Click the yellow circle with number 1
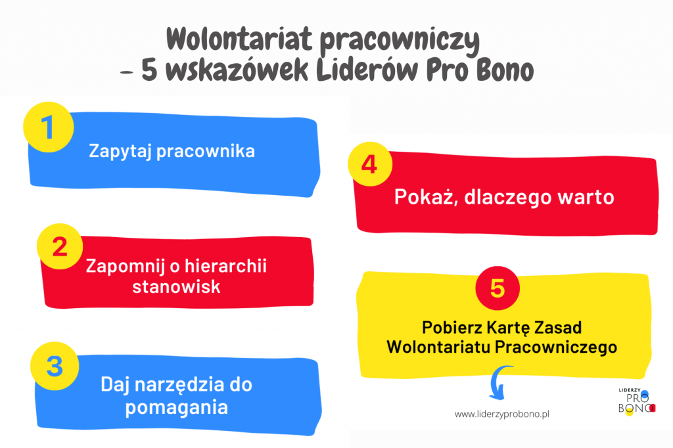[49, 127]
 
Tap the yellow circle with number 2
[60, 246]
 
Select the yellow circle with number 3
[55, 366]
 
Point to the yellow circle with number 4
[370, 164]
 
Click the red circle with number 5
[498, 288]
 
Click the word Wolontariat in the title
[239, 39]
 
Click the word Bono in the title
[505, 70]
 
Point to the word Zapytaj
[120, 151]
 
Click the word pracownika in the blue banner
[206, 151]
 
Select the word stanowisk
[176, 286]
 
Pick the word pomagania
[176, 407]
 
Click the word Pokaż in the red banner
[426, 197]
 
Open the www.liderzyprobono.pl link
[501, 414]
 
